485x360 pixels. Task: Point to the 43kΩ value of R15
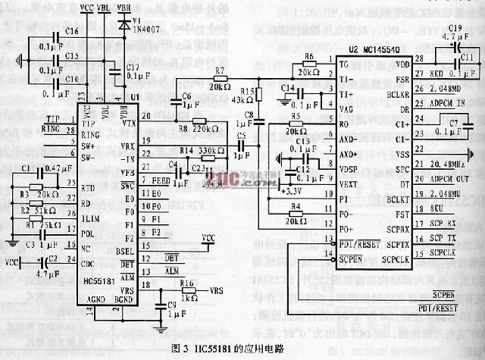242,99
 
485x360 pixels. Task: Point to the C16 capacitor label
72,32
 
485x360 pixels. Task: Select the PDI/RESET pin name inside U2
358,243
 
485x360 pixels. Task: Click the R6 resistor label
308,57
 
